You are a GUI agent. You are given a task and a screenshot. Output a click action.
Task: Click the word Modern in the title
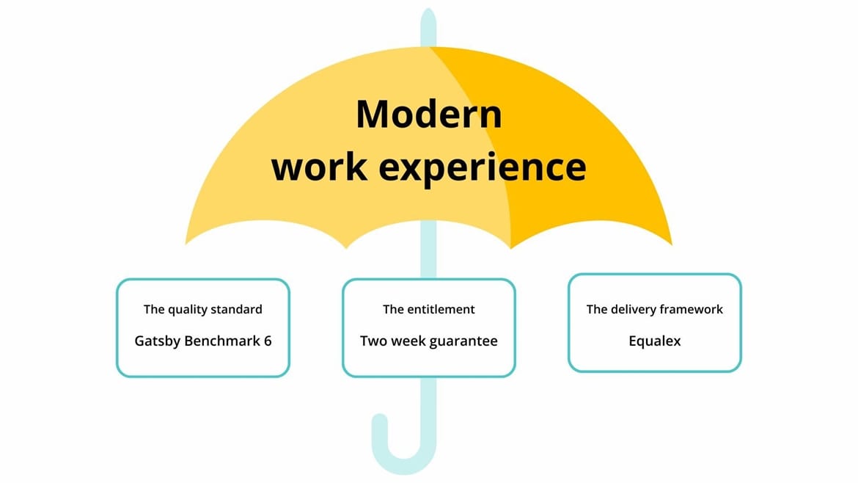coord(429,115)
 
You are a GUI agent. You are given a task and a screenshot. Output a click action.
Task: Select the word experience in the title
coord(483,168)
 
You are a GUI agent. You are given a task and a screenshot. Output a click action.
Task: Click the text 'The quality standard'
coord(202,309)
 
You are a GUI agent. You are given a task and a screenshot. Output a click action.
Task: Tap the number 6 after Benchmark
coord(268,341)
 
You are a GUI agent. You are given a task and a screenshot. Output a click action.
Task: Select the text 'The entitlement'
coord(429,309)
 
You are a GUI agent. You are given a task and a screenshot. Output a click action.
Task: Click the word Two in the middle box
coord(373,341)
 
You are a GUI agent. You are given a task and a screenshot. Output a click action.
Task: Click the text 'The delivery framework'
coord(654,309)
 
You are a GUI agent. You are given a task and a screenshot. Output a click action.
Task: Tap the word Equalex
coord(654,341)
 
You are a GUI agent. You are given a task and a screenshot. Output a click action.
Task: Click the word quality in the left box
coord(189,309)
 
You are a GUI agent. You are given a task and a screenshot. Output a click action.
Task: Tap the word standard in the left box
coord(237,309)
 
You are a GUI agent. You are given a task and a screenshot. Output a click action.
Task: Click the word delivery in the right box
coord(633,309)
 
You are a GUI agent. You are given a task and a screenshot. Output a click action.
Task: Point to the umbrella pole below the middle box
coord(429,404)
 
